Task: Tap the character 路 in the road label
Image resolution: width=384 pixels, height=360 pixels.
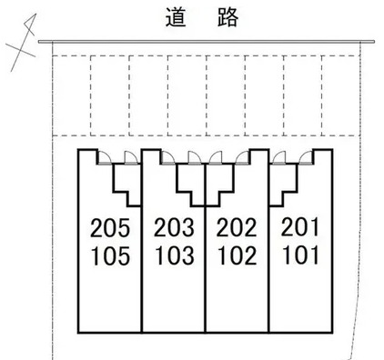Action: coord(225,16)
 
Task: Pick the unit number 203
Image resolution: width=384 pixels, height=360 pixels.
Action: coord(174,227)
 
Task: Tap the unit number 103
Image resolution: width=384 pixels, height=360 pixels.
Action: coord(174,255)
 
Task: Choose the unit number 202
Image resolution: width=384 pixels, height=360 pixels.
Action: coord(237,227)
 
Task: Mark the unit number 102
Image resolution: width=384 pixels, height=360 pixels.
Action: coord(237,255)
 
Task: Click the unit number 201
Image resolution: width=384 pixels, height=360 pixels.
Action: coord(299,227)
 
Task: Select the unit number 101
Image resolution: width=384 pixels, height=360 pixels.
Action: coord(299,255)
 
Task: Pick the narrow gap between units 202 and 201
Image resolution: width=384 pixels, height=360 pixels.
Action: coord(267,255)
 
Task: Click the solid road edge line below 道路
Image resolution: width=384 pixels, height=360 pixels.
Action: coord(209,40)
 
